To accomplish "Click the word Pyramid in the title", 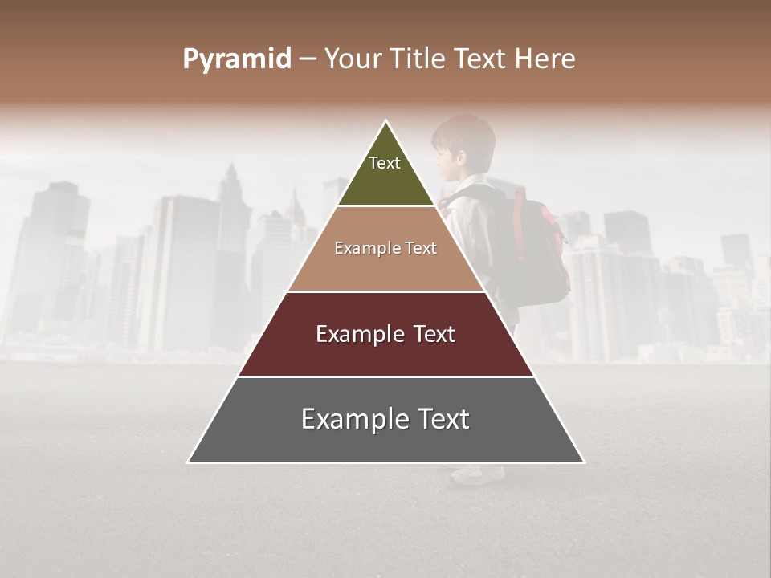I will point(236,59).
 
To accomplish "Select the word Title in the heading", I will point(414,59).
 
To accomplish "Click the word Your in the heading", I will point(350,59).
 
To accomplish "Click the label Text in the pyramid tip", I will point(385,163).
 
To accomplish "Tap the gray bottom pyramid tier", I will point(385,442).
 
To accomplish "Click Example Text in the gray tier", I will point(385,419).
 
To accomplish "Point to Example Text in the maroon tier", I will point(385,334).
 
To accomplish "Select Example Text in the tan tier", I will point(385,248).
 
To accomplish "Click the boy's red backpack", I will point(538,249).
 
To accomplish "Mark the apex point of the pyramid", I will point(386,121).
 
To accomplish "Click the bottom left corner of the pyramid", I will point(188,462).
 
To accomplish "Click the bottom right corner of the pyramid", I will point(584,462).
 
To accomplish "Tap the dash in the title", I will point(308,59).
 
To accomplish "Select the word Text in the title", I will point(479,59).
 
